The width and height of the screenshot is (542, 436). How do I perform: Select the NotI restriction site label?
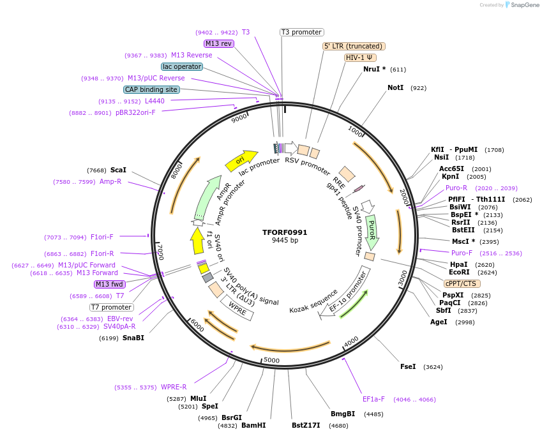click(x=395, y=87)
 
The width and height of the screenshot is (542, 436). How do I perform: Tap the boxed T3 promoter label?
click(x=301, y=32)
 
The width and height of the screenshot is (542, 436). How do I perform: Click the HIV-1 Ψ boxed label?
click(x=360, y=57)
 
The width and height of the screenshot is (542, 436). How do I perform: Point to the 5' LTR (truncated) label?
click(x=354, y=46)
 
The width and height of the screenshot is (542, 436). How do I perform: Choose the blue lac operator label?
click(x=182, y=66)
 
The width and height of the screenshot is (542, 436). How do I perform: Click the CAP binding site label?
click(x=151, y=90)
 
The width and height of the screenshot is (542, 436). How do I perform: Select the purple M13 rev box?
click(x=219, y=43)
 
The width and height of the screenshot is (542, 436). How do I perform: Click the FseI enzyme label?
click(x=408, y=366)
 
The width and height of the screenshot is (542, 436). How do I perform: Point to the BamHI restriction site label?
click(x=253, y=425)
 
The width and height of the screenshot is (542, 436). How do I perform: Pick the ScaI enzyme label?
click(x=118, y=170)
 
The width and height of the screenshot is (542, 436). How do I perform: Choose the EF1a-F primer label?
click(x=373, y=400)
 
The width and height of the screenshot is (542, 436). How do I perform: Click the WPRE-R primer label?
click(x=174, y=387)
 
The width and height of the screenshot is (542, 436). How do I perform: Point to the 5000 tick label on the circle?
click(x=272, y=361)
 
